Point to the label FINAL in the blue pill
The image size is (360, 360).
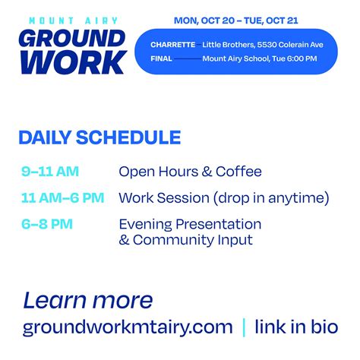pos(162,58)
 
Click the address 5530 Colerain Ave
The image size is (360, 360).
pos(286,45)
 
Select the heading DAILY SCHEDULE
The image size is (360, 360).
pos(99,137)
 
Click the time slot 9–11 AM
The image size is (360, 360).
pos(50,172)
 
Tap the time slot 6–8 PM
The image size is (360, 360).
pos(47,224)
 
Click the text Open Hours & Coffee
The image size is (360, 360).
pos(190,172)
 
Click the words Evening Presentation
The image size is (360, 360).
pos(190,224)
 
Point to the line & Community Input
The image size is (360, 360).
pos(186,240)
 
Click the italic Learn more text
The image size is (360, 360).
pos(88,299)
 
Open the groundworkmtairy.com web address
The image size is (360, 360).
pos(128,327)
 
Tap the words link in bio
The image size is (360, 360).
pos(295,327)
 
